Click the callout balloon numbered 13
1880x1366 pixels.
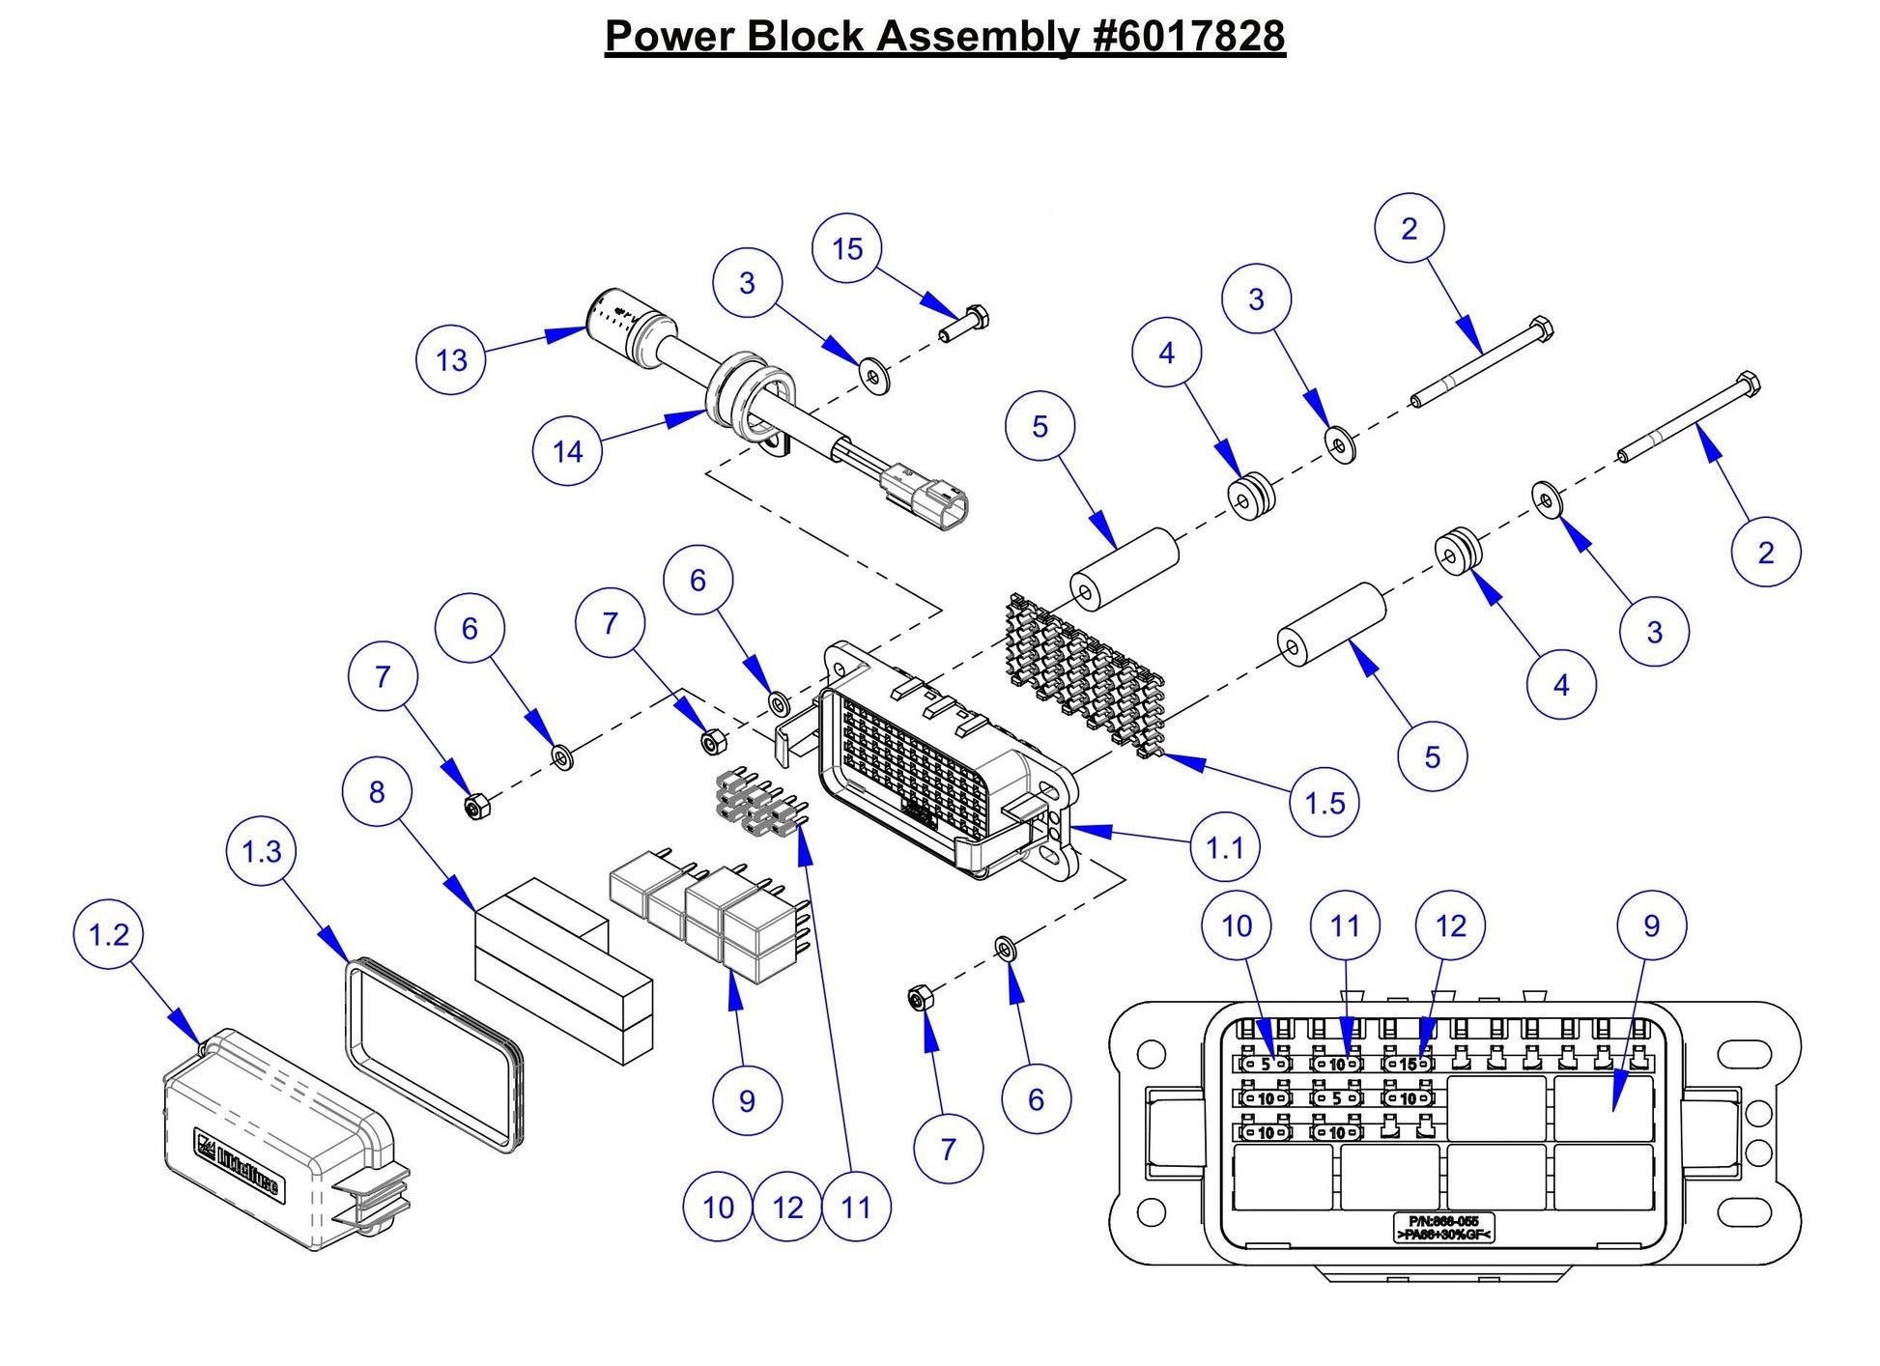(x=451, y=360)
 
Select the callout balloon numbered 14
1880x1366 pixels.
(x=567, y=451)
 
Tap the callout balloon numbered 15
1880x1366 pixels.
(x=847, y=249)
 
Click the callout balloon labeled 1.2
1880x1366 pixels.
(x=108, y=935)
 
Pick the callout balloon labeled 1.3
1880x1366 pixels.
(x=262, y=852)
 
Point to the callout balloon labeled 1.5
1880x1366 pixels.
(x=1325, y=803)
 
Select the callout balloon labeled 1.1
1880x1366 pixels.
(x=1225, y=848)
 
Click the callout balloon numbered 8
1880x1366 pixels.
(x=377, y=792)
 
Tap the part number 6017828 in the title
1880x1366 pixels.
(x=1190, y=37)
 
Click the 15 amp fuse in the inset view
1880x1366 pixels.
(x=1408, y=1064)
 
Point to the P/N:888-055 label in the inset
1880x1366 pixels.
(x=1443, y=1228)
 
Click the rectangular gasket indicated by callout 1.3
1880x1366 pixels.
(x=433, y=1053)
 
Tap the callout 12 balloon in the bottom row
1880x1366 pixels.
(x=788, y=1208)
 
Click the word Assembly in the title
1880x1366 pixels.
(x=979, y=37)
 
